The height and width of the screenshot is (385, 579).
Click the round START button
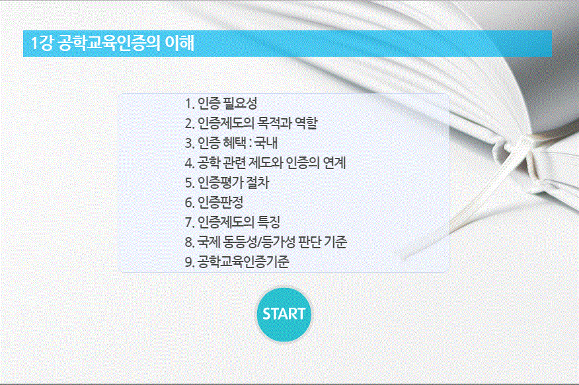tap(284, 314)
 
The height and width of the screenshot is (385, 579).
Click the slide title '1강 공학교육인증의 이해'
tap(112, 44)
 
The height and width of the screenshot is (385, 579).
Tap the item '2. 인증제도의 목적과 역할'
tap(255, 123)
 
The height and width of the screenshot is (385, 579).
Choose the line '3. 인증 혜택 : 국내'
tap(237, 143)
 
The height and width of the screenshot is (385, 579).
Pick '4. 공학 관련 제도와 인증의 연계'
tap(266, 163)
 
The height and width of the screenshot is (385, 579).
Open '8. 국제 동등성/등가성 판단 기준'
tap(266, 242)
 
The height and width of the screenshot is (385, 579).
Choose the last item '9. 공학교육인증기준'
tap(237, 262)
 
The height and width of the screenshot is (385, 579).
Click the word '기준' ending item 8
tap(335, 242)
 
